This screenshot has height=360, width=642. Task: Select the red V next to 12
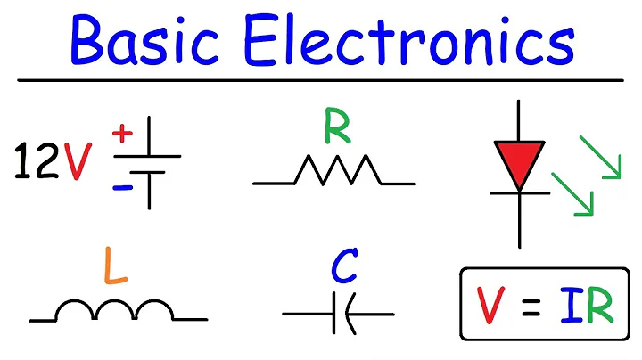click(x=78, y=160)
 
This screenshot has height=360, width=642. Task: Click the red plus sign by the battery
click(x=122, y=135)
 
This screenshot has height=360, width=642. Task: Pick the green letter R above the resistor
click(x=336, y=129)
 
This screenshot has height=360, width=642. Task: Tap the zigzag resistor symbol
click(x=333, y=171)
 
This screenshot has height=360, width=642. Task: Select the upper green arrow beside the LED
click(x=600, y=156)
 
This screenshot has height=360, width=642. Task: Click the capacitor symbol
click(x=339, y=314)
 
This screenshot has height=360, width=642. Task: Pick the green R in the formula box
click(x=600, y=305)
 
